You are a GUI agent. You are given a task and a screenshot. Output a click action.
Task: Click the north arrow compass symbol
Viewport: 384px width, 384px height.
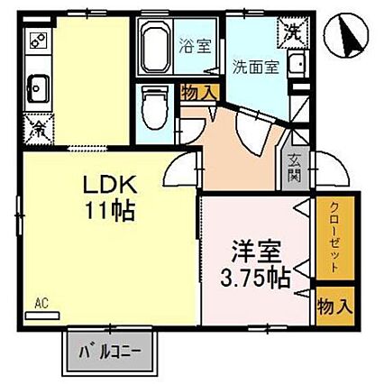(x=346, y=36)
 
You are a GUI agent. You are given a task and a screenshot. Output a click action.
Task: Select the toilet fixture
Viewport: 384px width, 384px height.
(x=155, y=107)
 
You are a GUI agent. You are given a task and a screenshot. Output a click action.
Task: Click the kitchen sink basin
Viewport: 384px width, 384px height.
(x=38, y=89)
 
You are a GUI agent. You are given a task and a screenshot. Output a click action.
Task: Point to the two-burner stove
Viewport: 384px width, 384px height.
(x=39, y=41)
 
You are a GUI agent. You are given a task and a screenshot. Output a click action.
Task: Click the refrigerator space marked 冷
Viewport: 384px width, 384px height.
(x=39, y=129)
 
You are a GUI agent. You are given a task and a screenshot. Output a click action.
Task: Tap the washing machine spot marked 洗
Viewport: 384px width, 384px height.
(x=293, y=32)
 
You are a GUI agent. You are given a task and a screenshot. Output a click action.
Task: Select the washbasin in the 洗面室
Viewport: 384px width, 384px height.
(x=297, y=64)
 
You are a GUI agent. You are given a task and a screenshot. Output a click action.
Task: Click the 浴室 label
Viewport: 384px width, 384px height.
(x=196, y=46)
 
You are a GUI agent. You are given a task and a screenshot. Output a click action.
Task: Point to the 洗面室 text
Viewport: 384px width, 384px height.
(x=256, y=68)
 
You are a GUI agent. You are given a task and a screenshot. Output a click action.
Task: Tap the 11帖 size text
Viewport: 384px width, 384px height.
(x=110, y=211)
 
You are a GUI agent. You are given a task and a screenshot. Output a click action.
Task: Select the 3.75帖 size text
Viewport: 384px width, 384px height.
(x=255, y=279)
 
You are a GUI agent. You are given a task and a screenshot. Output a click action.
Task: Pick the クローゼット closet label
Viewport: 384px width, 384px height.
(x=334, y=238)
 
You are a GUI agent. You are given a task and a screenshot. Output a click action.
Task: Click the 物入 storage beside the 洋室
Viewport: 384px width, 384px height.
(x=335, y=307)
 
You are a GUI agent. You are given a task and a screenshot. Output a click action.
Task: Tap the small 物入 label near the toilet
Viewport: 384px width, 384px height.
(x=199, y=93)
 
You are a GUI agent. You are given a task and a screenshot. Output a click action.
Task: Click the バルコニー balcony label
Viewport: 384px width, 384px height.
(x=110, y=352)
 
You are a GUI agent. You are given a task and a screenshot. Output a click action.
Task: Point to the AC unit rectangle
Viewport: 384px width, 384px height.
(x=42, y=315)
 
